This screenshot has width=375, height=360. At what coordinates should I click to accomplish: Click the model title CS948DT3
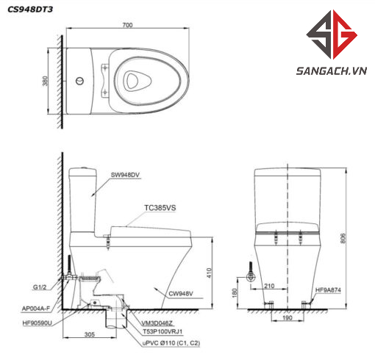point(30,10)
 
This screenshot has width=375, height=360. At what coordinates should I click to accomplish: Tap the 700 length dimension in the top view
point(127,25)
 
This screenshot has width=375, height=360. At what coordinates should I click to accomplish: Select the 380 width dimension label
point(45,81)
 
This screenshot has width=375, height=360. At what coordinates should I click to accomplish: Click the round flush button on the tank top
point(79,81)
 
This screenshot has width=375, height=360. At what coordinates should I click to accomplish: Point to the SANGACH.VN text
point(332,71)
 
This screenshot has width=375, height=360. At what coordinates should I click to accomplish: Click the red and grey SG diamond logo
point(332,35)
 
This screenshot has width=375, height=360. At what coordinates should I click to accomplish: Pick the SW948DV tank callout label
point(125,175)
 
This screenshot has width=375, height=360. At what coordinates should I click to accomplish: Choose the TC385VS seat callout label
point(160,208)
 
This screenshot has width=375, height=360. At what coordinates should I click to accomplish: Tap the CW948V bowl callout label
point(181,293)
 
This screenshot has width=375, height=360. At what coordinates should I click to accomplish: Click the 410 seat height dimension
point(209,273)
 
